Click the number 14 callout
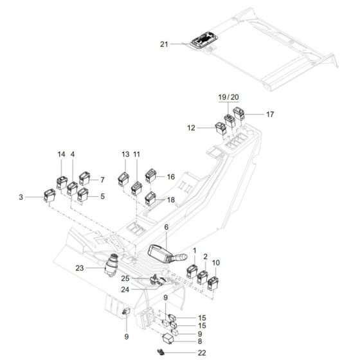pos(62,155)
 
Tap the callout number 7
pos(101,181)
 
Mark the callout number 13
pos(125,155)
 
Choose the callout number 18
pos(171,201)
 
